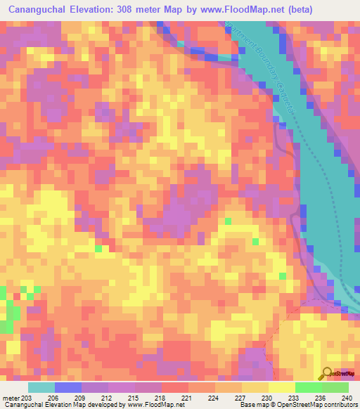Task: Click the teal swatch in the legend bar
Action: (x=41, y=387)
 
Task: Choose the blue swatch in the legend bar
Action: (x=68, y=387)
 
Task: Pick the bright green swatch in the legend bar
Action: (x=308, y=387)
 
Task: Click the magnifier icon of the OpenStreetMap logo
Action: (x=327, y=374)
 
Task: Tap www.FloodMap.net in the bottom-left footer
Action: (x=156, y=405)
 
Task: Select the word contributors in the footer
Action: (x=339, y=405)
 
